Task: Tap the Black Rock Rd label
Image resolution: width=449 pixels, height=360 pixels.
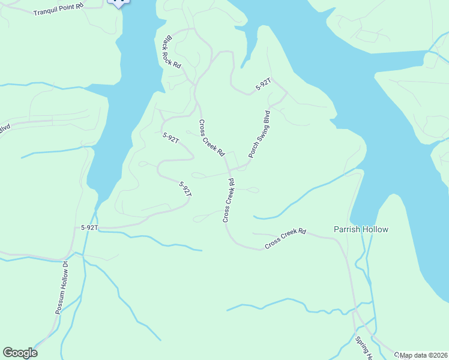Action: coord(172,52)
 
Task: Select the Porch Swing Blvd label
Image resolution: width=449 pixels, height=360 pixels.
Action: coord(259,133)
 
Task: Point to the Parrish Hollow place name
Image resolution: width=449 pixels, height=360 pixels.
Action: coord(361,229)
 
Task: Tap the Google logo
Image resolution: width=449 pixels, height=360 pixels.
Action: coord(20,353)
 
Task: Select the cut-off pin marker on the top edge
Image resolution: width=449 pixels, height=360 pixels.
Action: coord(118,3)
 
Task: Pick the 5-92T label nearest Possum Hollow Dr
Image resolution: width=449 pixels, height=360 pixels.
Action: coord(89,228)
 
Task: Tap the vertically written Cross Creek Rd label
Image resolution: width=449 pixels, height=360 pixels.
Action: coord(229,200)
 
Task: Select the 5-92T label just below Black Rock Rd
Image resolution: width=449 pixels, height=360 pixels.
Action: coord(171,137)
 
